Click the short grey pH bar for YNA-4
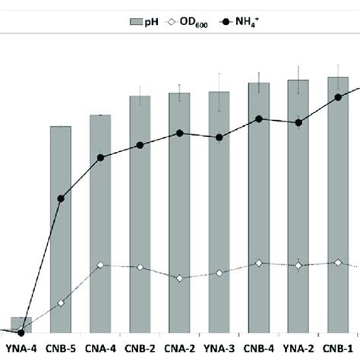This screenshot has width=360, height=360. [21, 325]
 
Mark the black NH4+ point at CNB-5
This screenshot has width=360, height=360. [61, 198]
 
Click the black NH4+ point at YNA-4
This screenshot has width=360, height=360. [21, 333]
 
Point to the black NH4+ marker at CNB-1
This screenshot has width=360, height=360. [338, 97]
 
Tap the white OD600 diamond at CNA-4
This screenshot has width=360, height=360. [100, 265]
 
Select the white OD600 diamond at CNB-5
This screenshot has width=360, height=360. [61, 304]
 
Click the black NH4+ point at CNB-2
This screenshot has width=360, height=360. [140, 145]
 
